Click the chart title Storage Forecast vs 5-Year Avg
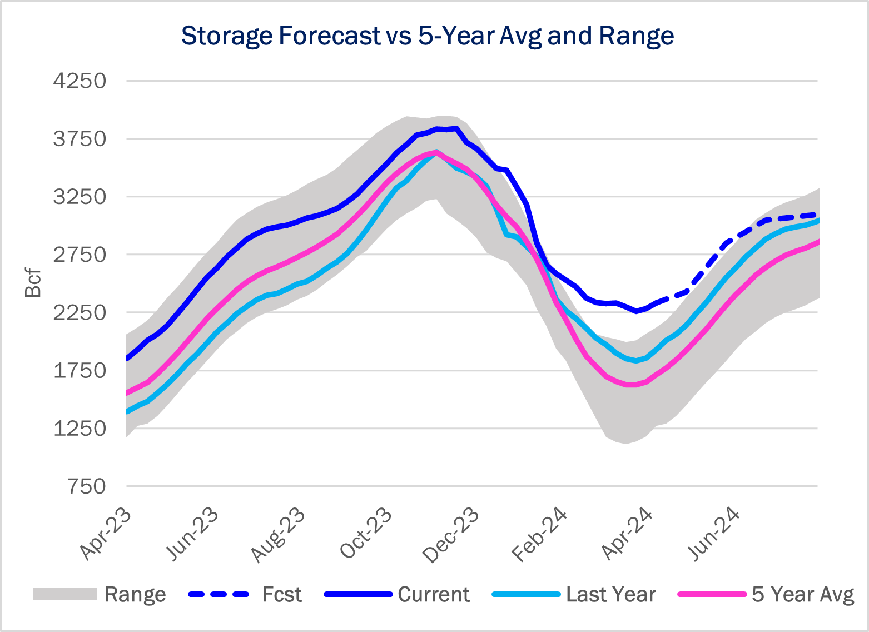427,36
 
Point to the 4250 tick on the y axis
80,81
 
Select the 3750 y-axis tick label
80,139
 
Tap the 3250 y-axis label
80,197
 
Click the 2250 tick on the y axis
80,312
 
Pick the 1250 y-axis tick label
80,429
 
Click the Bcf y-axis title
33,283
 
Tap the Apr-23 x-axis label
106,534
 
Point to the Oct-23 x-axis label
366,534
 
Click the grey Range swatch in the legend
65,594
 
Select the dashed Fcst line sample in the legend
219,594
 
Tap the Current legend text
434,594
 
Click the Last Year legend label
611,594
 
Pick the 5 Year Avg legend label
802,594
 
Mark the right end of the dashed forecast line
816,215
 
